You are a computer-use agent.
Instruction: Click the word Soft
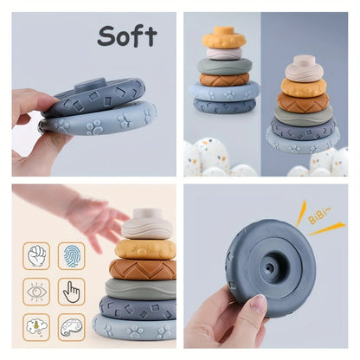[x=126, y=35]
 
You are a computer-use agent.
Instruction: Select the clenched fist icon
[x=36, y=255]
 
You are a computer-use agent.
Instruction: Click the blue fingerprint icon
[x=71, y=255]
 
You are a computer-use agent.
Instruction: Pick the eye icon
[x=36, y=292]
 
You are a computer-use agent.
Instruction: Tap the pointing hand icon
[x=71, y=292]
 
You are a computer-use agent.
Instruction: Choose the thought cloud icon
[x=36, y=327]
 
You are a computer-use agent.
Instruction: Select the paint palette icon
[x=71, y=327]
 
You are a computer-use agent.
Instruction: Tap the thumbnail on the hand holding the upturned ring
[x=258, y=304]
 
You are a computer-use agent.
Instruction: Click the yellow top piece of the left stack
[x=224, y=38]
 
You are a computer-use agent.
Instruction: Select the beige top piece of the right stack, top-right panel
[x=304, y=67]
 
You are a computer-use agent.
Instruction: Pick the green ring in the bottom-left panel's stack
[x=140, y=288]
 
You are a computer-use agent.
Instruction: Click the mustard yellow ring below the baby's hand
[x=145, y=249]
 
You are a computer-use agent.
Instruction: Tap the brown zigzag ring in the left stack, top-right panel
[x=224, y=79]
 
